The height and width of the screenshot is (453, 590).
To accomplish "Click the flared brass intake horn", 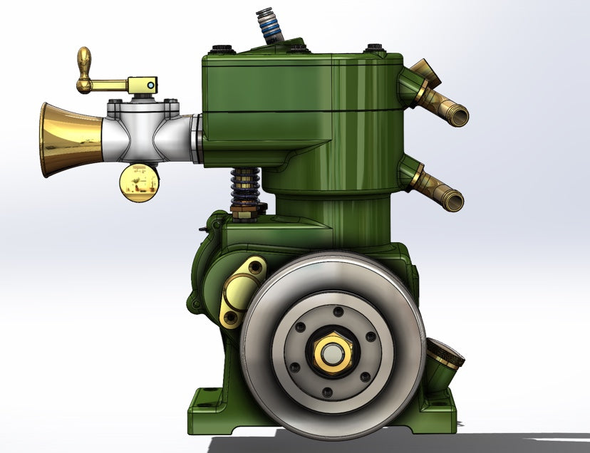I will point(68,139).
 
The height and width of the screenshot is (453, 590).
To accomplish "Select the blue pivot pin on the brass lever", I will point(150,84).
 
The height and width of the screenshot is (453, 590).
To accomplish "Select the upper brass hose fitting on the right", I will point(438,100).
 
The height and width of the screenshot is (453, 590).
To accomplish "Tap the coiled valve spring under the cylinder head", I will point(243,187).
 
